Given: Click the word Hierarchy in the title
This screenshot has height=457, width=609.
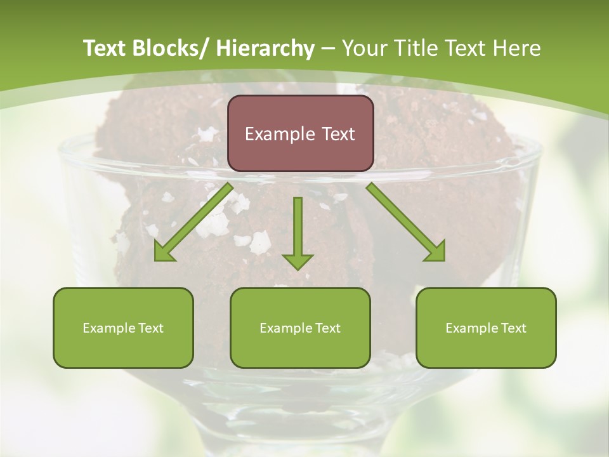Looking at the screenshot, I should pyautogui.click(x=265, y=48).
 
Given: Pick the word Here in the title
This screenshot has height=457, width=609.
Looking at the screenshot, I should pyautogui.click(x=517, y=48).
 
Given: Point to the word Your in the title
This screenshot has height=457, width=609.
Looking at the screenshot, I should pyautogui.click(x=362, y=48).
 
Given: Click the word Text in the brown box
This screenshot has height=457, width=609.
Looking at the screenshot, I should pyautogui.click(x=337, y=134).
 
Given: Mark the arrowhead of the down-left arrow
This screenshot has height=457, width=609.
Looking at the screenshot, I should pyautogui.click(x=164, y=252).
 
